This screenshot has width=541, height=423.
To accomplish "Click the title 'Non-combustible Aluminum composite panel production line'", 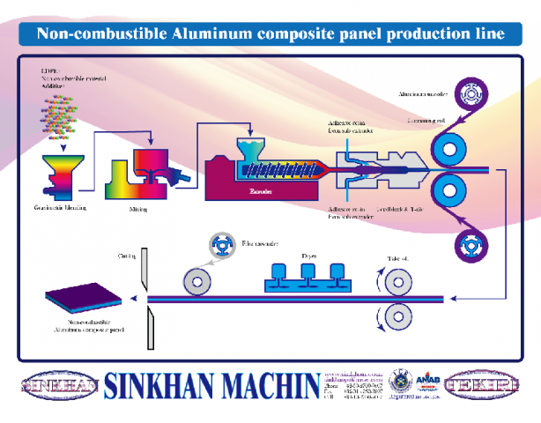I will click(x=270, y=34).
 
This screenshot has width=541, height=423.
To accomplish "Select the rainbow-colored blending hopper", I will click(x=61, y=172).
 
